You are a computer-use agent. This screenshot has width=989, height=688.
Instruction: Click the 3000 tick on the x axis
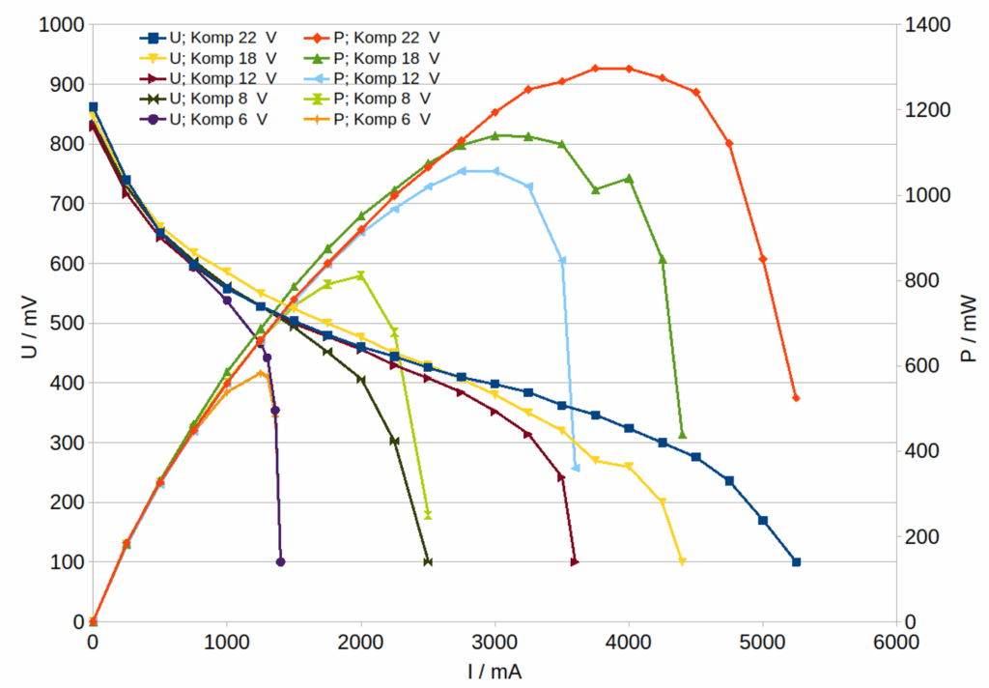494,642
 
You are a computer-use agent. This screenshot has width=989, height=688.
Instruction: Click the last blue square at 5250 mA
796,561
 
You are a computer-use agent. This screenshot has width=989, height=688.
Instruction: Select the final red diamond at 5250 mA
796,398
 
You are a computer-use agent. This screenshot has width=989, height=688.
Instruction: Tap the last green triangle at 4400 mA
682,435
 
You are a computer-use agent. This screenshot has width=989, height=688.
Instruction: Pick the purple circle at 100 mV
280,561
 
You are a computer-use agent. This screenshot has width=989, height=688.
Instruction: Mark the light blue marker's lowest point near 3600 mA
576,468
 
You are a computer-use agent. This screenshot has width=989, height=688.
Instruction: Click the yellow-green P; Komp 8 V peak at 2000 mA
361,275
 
